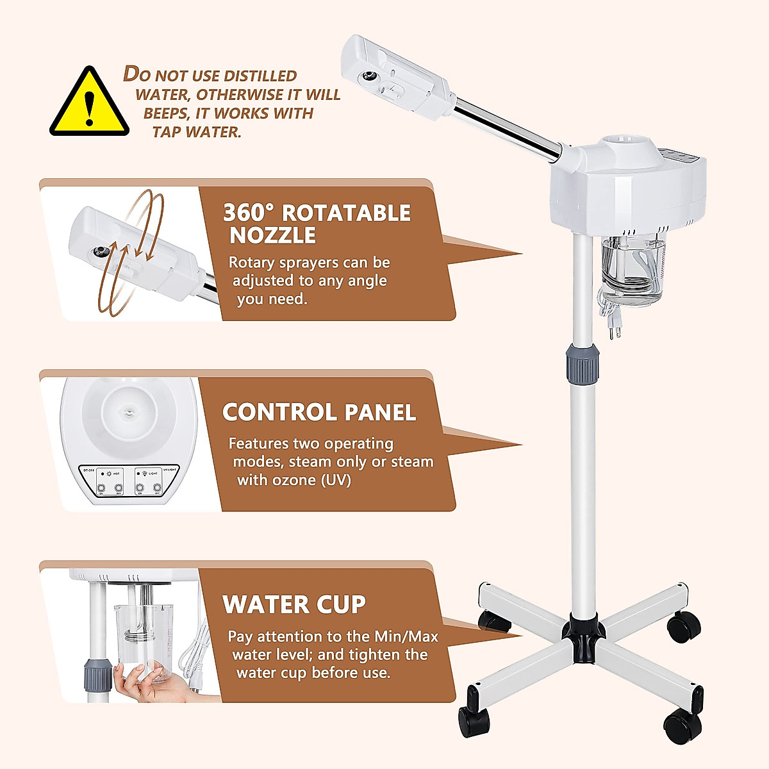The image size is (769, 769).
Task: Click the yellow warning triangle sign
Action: point(89,104)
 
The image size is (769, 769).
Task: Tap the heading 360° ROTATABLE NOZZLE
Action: point(317,224)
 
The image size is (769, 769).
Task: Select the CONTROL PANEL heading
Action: point(319,412)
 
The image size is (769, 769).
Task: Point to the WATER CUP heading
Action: point(294,604)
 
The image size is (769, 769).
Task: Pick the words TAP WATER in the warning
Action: point(197,133)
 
